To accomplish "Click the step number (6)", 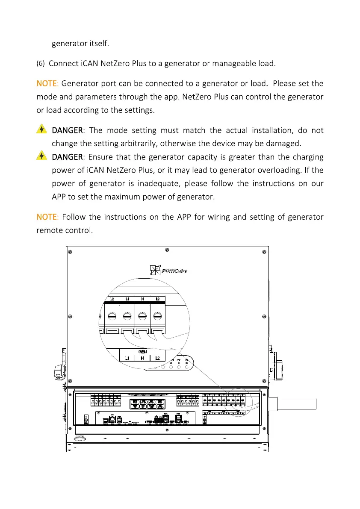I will (x=40, y=64).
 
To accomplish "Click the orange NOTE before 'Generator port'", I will (x=48, y=83).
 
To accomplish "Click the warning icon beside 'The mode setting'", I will (x=41, y=129).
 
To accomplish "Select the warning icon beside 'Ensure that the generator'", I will (x=41, y=156).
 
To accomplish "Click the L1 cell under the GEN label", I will (x=127, y=358).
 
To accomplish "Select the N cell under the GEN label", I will (x=142, y=358).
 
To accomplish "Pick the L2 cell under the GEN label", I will (x=157, y=358).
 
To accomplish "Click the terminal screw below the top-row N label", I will (x=142, y=316).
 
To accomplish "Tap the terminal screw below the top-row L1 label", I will (x=127, y=316).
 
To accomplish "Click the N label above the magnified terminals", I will (x=142, y=299).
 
